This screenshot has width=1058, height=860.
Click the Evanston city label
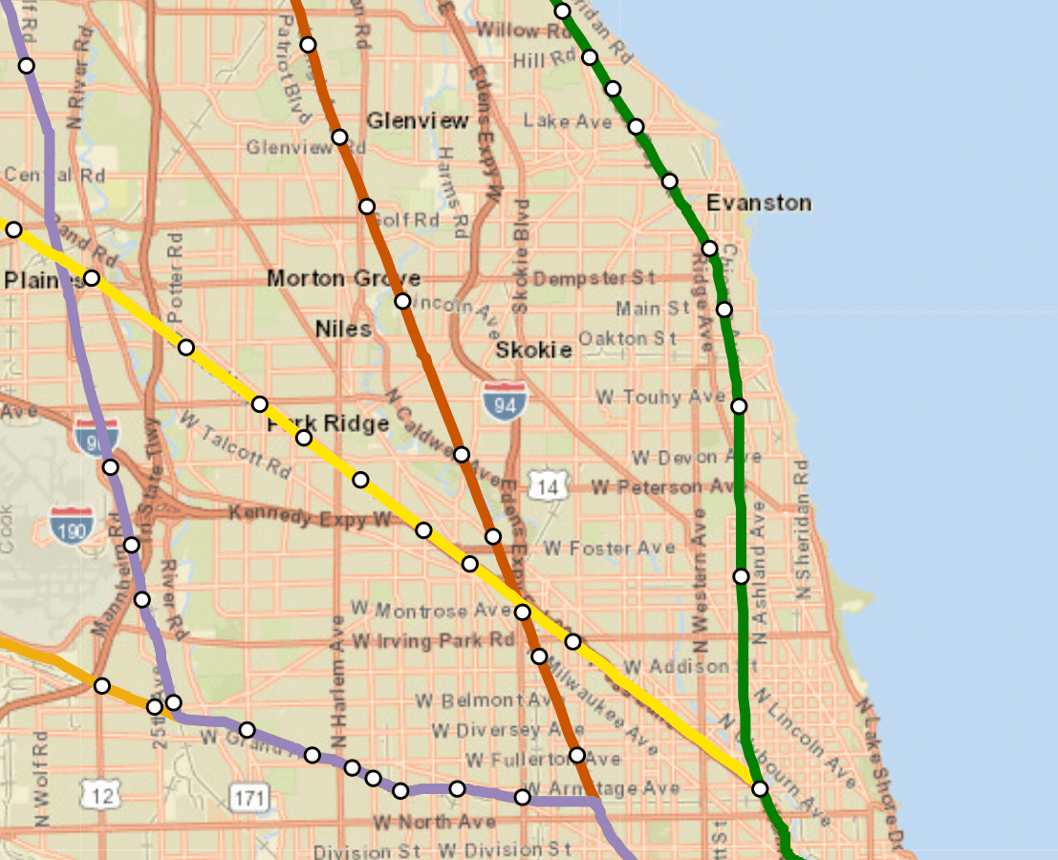click(x=759, y=203)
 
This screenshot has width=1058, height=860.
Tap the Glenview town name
click(x=418, y=121)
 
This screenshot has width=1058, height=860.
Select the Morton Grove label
click(x=331, y=278)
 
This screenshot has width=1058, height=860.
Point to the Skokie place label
click(x=533, y=350)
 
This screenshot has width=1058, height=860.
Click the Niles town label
click(x=343, y=329)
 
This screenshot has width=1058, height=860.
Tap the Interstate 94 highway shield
click(x=504, y=402)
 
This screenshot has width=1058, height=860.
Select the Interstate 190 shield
click(x=73, y=527)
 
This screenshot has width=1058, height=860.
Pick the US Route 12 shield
click(x=100, y=793)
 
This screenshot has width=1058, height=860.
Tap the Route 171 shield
click(x=249, y=796)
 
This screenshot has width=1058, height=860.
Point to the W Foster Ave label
click(x=609, y=548)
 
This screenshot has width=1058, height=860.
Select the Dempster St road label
click(x=594, y=278)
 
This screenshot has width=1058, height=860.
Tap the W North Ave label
click(x=434, y=822)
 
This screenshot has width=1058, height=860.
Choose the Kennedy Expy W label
click(x=310, y=517)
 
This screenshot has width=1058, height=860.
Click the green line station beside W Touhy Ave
click(x=739, y=406)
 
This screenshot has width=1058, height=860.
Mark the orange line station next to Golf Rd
click(x=367, y=206)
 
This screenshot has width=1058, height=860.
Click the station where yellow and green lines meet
click(x=760, y=789)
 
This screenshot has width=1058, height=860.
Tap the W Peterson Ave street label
click(x=666, y=487)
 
